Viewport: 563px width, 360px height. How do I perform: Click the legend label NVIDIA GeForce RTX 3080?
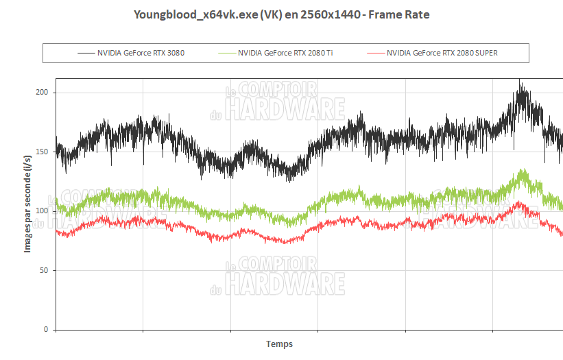[141, 53]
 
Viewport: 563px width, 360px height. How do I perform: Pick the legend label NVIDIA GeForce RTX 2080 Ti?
[281, 53]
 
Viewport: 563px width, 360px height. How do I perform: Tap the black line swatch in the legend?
[86, 53]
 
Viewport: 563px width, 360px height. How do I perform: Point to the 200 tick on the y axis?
[42, 93]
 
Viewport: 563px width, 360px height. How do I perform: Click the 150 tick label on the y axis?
[42, 152]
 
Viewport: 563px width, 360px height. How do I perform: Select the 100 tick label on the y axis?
[42, 211]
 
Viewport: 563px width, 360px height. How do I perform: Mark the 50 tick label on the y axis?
[44, 270]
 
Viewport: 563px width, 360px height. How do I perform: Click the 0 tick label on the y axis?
[46, 330]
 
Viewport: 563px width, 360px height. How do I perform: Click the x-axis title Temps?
[279, 344]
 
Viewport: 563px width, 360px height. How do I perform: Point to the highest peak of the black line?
[520, 80]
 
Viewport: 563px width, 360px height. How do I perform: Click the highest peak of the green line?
[524, 169]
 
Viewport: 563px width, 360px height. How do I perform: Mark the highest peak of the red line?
[519, 202]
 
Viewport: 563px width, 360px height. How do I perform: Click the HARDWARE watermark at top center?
[285, 108]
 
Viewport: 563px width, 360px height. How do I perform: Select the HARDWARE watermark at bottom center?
[285, 283]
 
